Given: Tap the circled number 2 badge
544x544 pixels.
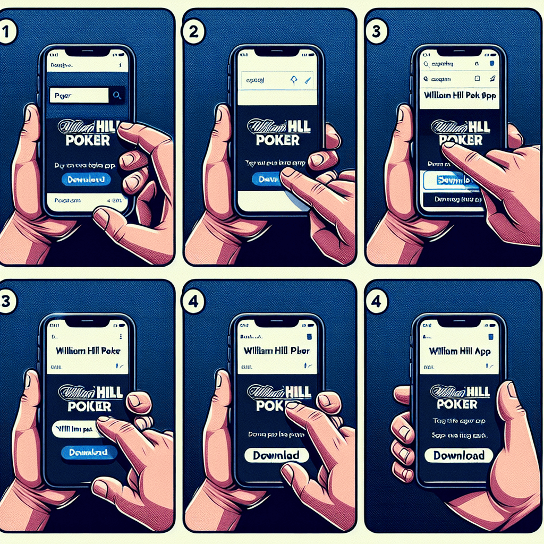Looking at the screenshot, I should click(192, 31).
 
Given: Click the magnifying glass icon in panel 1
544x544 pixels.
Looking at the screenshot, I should click(117, 95).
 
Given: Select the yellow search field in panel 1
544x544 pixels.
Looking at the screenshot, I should click(78, 96).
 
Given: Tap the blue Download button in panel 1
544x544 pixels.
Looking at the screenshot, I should click(86, 179).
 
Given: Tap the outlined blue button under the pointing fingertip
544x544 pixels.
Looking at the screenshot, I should click(449, 180).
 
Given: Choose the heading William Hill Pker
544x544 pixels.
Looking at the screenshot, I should click(276, 351).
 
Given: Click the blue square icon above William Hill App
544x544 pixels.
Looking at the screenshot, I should click(492, 337).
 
